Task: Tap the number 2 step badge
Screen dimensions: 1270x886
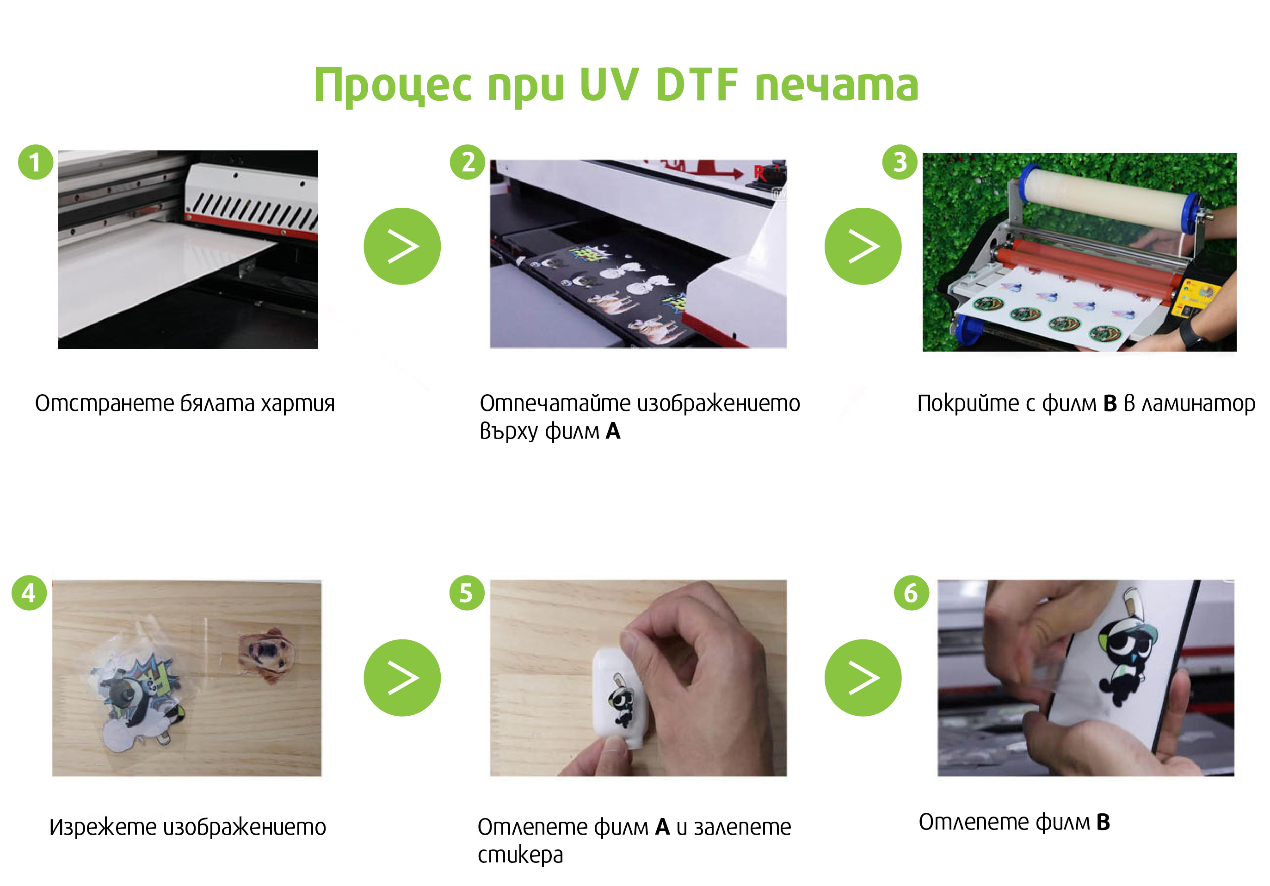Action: [468, 162]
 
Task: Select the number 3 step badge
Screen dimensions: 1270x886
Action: [900, 162]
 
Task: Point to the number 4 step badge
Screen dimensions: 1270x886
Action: [29, 593]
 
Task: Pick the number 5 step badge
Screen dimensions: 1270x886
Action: [467, 593]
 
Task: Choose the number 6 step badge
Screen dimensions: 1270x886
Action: [912, 593]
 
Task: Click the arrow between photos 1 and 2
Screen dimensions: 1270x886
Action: [402, 246]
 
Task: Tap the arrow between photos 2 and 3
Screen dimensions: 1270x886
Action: [863, 246]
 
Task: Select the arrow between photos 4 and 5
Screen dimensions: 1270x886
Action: [402, 678]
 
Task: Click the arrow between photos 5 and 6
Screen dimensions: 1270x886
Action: [863, 678]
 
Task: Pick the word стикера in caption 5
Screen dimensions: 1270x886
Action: [520, 855]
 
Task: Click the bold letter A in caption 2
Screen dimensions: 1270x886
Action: [613, 431]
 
